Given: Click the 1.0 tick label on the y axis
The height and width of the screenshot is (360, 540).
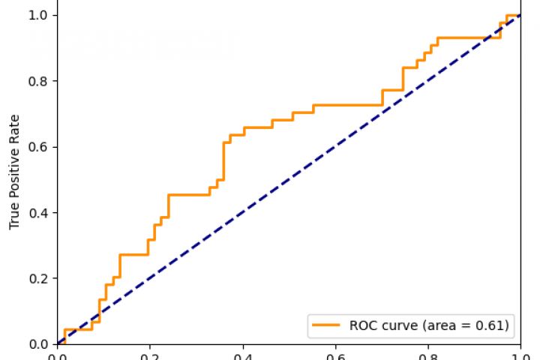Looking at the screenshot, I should tap(40, 15).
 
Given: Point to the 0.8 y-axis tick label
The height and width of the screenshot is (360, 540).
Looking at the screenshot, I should tap(40, 81).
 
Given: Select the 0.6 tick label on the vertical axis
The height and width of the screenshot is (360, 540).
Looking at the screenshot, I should tap(40, 147).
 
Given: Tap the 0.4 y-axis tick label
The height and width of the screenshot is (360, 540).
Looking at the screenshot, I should tap(40, 213).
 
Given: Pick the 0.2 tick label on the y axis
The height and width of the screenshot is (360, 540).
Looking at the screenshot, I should tap(40, 279).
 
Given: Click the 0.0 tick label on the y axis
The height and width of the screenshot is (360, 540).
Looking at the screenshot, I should tap(40, 344).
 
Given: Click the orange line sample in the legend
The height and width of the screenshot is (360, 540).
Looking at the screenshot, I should tap(327, 325).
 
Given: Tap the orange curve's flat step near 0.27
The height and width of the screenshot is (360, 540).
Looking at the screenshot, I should tap(133, 255).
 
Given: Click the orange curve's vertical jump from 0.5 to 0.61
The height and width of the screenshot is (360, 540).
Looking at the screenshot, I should tap(223, 161).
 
